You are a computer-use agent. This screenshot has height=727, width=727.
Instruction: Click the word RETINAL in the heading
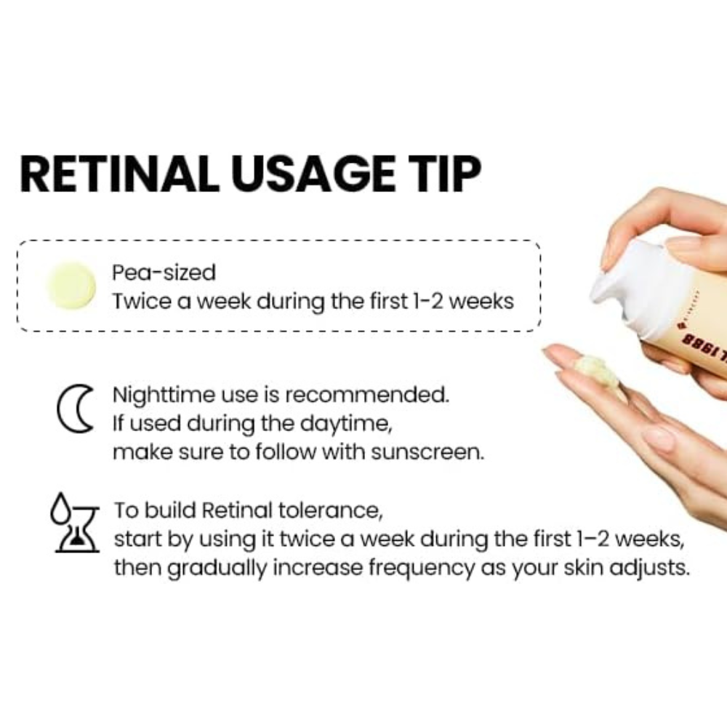click(x=120, y=174)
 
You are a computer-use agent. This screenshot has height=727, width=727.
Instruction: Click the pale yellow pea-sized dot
click(x=71, y=286)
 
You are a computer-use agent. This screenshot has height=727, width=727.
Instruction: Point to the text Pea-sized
click(x=164, y=273)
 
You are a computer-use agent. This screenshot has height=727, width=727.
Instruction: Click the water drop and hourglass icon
click(x=75, y=523)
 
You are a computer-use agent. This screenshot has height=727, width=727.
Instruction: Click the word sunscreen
click(x=427, y=452)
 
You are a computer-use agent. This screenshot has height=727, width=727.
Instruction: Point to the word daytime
click(x=346, y=425)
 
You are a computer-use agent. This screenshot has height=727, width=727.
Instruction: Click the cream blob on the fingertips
click(x=597, y=370)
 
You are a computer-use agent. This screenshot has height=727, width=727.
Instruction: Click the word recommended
click(x=367, y=395)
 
